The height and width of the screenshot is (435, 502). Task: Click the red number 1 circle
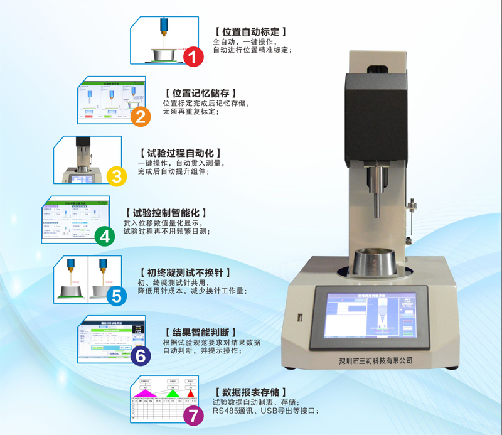pyautogui.click(x=193, y=58)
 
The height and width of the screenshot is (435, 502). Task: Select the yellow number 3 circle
pyautogui.click(x=117, y=176)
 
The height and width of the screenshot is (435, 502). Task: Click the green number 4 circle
pyautogui.click(x=104, y=236)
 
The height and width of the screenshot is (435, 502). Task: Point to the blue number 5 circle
pyautogui.click(x=117, y=295)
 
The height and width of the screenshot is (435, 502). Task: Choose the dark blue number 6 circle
pyautogui.click(x=141, y=355)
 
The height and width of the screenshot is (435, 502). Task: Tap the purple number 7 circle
pyautogui.click(x=193, y=415)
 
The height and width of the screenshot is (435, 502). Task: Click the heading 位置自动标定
pyautogui.click(x=250, y=31)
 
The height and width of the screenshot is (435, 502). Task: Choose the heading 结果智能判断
pyautogui.click(x=200, y=332)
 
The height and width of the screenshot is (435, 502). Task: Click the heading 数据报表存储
pyautogui.click(x=250, y=392)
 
